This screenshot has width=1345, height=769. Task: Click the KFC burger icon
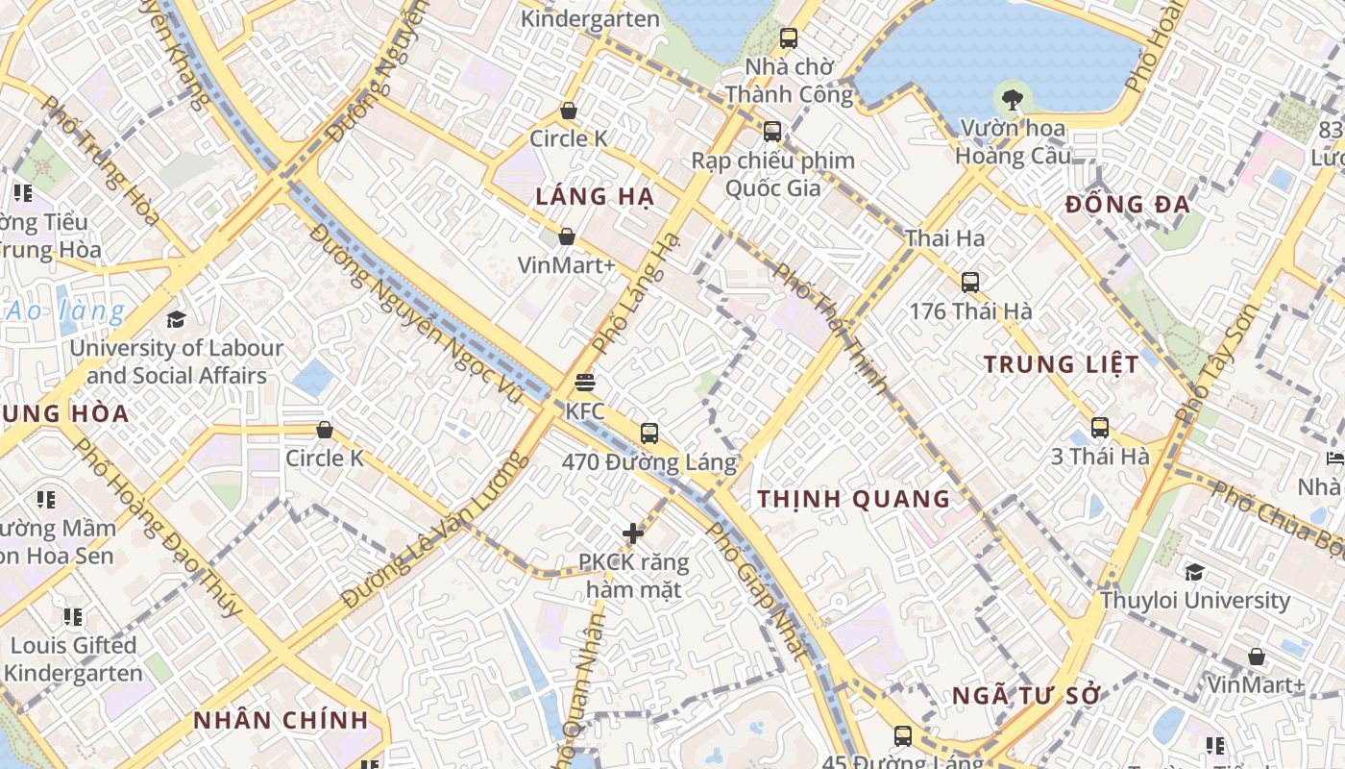tap(584, 383)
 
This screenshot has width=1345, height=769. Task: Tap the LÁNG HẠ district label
tap(595, 197)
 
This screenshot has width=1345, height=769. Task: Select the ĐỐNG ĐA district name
tap(1127, 204)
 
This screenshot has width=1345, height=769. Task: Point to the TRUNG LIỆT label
tap(1061, 364)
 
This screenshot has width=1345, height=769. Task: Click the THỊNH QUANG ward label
tap(853, 499)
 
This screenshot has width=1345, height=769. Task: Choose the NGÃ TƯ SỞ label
tap(1025, 696)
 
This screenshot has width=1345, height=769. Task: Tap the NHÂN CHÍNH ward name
tap(281, 720)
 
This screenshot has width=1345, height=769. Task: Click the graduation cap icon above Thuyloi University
tap(1194, 573)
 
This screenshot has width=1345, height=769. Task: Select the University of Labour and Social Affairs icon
tap(176, 319)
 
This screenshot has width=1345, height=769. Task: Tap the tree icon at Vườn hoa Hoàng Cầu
tap(1011, 97)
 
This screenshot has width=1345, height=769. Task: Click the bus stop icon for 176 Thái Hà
tap(970, 283)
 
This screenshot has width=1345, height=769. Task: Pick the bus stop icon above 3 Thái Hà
tap(1100, 428)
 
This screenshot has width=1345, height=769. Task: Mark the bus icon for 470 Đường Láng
tap(649, 434)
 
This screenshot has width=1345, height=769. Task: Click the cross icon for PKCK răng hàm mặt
tap(633, 533)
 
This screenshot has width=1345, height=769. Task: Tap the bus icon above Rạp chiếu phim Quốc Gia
tap(772, 132)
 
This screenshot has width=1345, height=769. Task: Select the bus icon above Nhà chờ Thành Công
tap(789, 38)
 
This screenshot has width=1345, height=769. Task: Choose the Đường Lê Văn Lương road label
tap(434, 529)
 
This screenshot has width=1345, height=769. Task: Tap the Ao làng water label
tap(65, 311)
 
